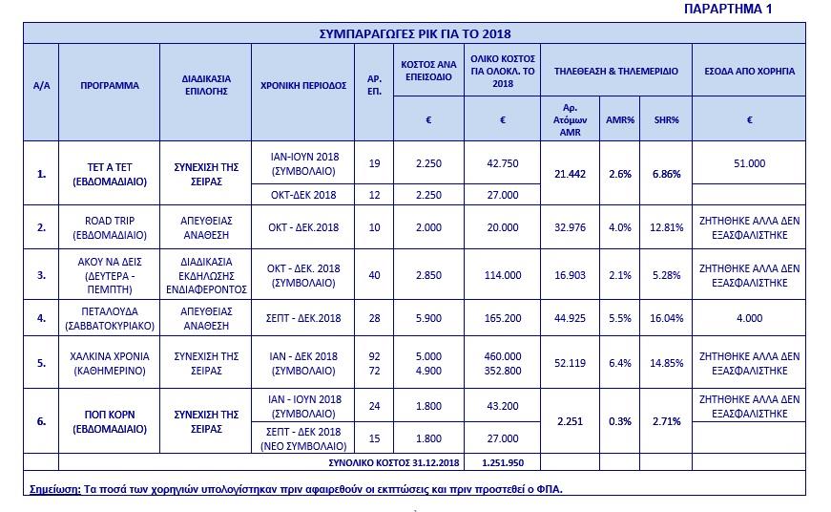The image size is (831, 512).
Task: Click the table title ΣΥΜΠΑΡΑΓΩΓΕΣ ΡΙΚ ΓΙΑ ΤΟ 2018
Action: (x=414, y=33)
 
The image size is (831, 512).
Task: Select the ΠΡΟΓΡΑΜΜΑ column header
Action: (x=110, y=85)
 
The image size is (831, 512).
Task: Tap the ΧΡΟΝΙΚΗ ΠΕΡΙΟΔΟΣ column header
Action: (x=302, y=85)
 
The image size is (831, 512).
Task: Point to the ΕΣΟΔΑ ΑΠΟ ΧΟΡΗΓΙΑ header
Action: (x=749, y=72)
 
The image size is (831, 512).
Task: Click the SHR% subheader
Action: (x=666, y=119)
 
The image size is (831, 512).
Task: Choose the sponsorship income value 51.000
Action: (x=749, y=163)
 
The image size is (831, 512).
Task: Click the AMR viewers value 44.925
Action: (x=570, y=318)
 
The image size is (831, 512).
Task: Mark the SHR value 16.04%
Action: (x=666, y=318)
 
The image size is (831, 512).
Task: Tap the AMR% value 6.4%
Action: (x=620, y=363)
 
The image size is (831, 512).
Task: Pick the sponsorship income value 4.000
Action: (x=749, y=318)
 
